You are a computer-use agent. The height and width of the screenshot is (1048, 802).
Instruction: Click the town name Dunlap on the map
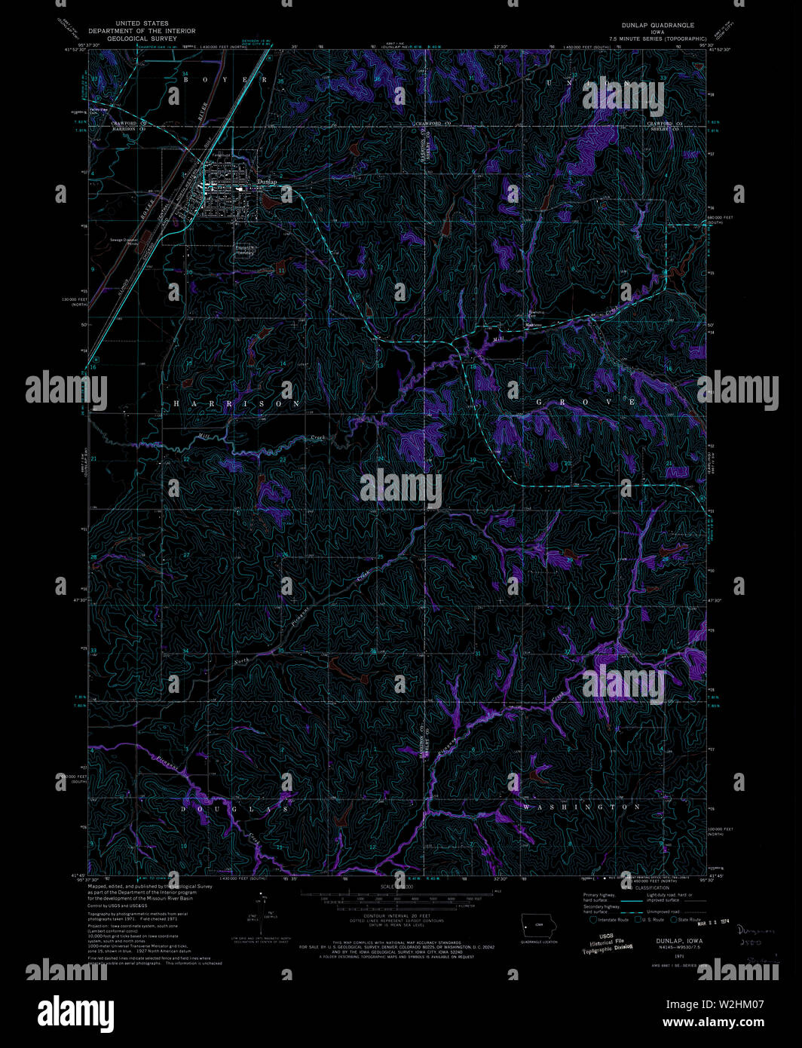click(267, 182)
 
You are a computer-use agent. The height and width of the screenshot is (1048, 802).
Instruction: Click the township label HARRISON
click(237, 404)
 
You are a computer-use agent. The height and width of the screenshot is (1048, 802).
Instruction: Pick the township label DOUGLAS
click(234, 808)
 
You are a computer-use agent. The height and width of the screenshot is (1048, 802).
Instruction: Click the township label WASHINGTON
click(581, 807)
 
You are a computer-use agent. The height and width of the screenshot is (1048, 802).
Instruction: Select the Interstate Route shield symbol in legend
click(593, 919)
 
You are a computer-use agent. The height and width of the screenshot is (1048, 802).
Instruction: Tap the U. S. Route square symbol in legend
click(637, 919)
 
